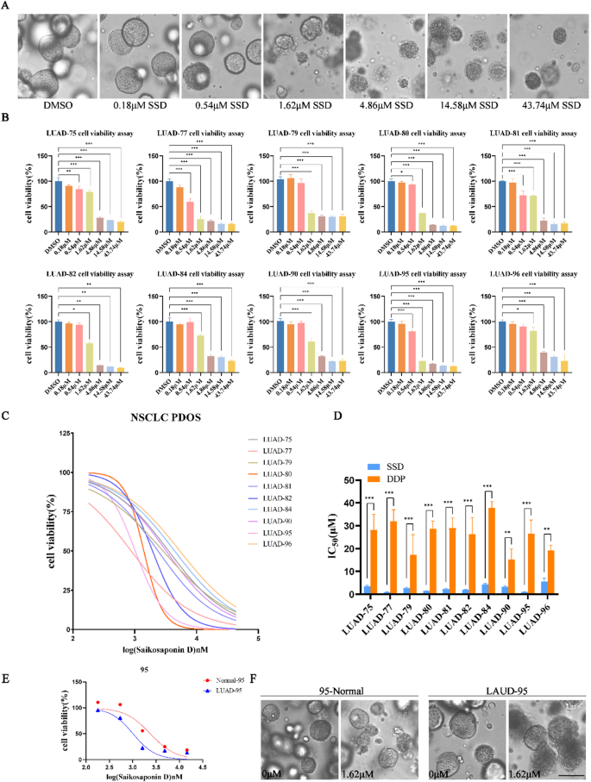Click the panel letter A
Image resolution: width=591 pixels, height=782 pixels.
point(6,6)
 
